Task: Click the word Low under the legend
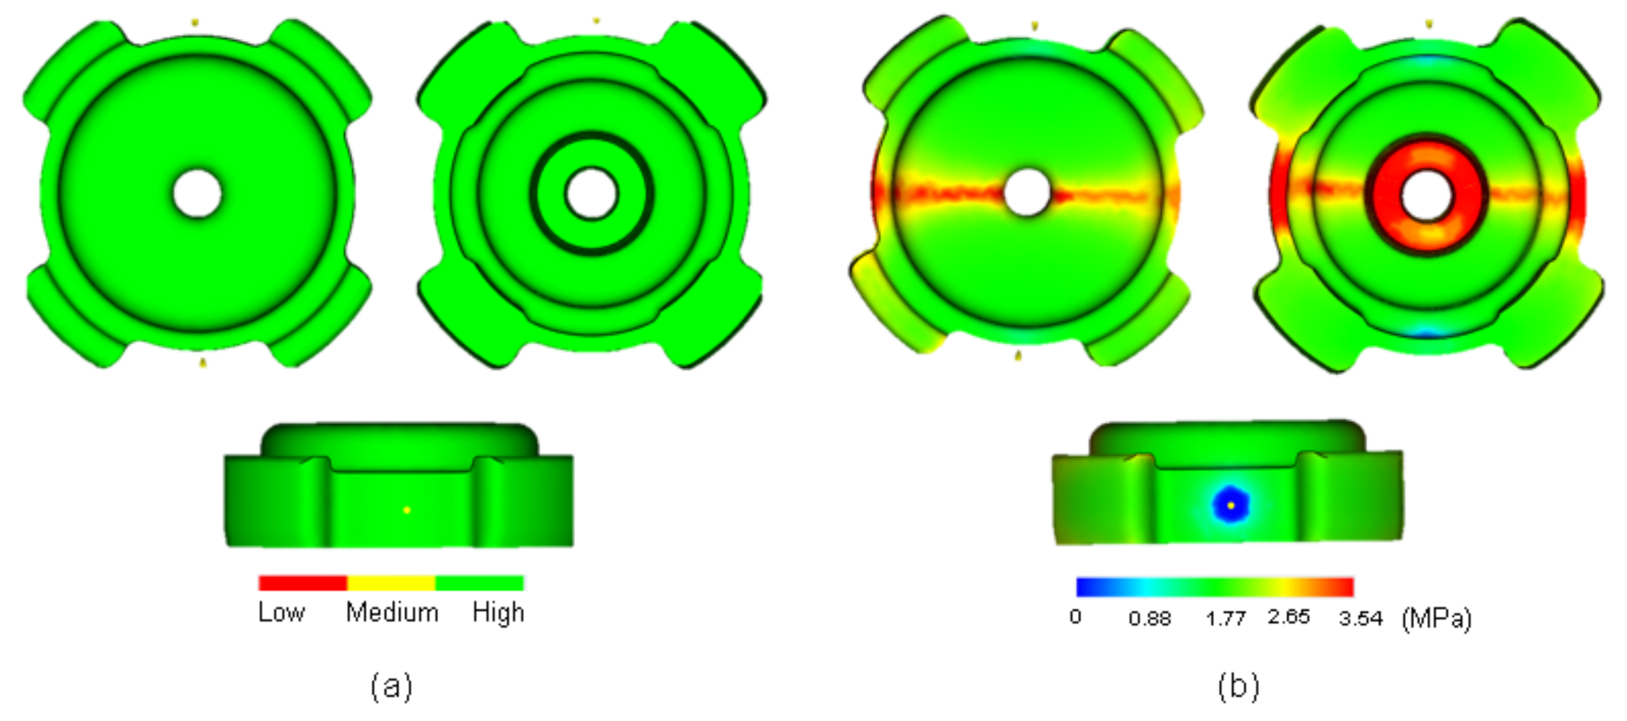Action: click(281, 612)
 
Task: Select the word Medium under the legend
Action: click(392, 612)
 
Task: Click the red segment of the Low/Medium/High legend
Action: click(302, 583)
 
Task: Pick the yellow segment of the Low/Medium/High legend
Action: click(391, 583)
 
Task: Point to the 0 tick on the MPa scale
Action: click(1075, 617)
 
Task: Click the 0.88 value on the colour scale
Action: click(1149, 618)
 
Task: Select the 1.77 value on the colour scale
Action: click(1225, 618)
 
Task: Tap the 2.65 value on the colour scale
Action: click(1289, 617)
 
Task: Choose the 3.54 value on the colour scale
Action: click(1360, 618)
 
